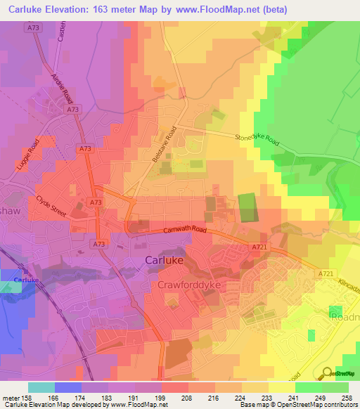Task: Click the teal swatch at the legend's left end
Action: (x=41, y=387)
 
